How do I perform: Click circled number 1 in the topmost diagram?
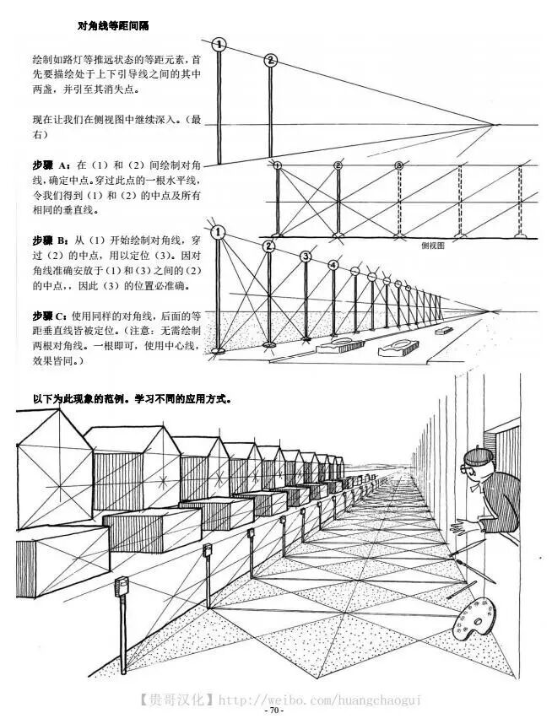pos(219,43)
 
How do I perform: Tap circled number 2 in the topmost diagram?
pos(270,60)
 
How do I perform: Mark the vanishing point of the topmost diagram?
pos(495,125)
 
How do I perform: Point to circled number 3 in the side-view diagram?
pos(398,165)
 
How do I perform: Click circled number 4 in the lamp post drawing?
pos(333,265)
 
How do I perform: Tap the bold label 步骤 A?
pos(51,163)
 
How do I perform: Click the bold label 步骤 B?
pos(51,240)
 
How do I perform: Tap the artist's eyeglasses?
pos(474,465)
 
